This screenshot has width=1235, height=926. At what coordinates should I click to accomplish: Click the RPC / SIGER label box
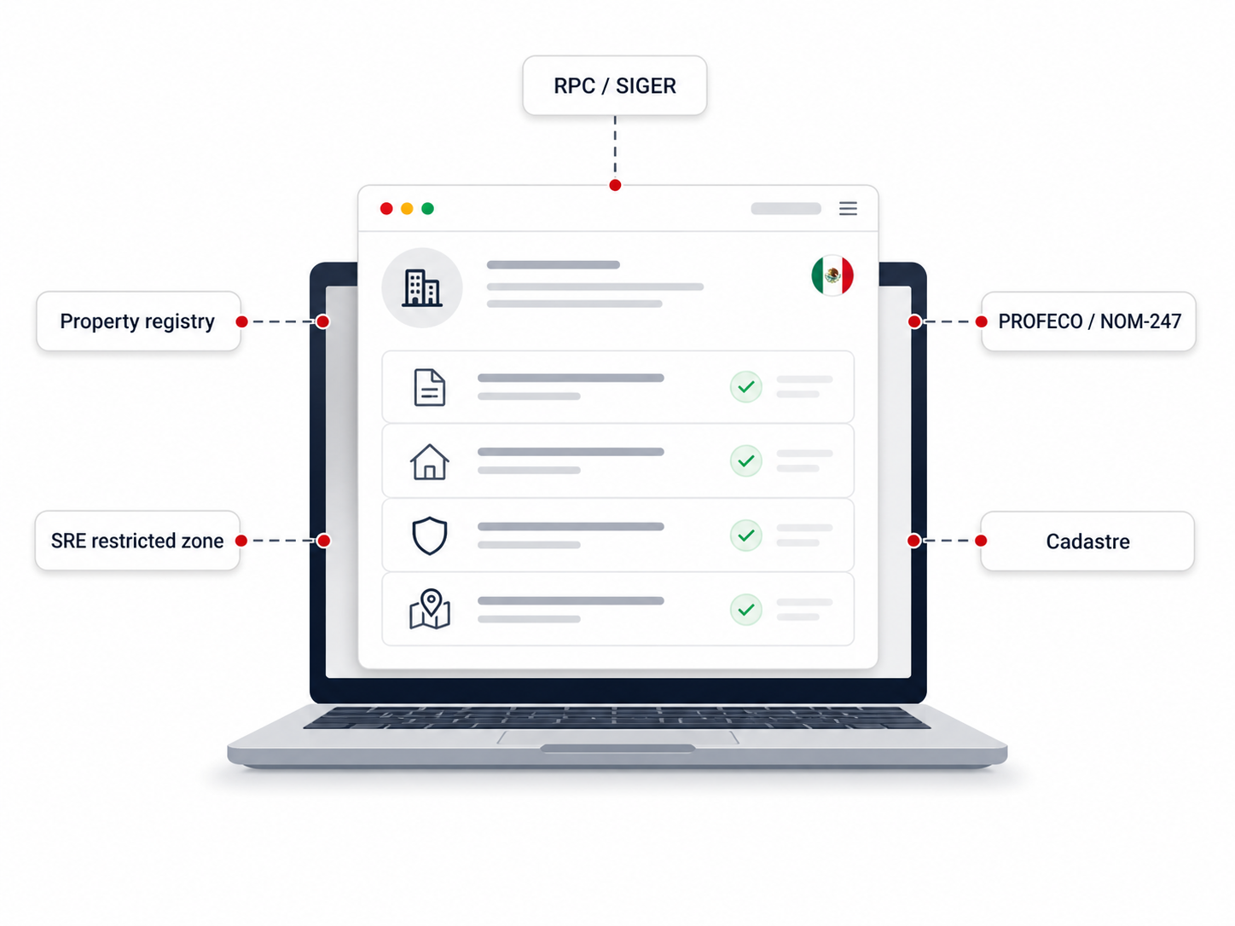click(614, 85)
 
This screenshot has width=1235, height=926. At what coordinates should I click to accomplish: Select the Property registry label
click(138, 321)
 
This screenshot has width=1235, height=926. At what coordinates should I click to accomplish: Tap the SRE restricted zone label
click(137, 541)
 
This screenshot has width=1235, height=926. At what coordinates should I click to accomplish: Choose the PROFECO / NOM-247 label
click(1088, 321)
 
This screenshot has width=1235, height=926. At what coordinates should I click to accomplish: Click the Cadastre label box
click(1087, 541)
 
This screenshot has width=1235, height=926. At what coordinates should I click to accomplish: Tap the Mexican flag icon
click(832, 275)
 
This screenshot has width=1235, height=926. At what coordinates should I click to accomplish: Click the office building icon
click(422, 288)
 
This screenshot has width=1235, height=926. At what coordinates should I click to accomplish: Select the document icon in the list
click(429, 387)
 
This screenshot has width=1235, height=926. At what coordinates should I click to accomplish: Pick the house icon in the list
click(430, 461)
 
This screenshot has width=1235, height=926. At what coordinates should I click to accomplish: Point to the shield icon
click(430, 535)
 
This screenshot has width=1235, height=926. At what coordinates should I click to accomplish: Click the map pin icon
click(430, 609)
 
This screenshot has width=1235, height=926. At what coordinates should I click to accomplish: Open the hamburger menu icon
click(848, 209)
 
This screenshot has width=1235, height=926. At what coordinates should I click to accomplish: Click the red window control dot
click(386, 209)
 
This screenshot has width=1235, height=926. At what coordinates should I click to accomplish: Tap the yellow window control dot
click(407, 209)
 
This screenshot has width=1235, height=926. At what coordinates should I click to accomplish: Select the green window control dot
click(427, 209)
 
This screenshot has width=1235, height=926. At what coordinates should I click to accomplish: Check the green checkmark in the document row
click(746, 387)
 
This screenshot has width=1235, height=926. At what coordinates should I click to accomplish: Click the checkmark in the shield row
click(746, 535)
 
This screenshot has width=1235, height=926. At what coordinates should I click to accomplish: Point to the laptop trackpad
click(617, 738)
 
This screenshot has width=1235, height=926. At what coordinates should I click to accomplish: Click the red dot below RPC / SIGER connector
click(615, 186)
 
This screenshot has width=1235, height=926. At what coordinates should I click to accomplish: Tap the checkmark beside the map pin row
click(746, 610)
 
